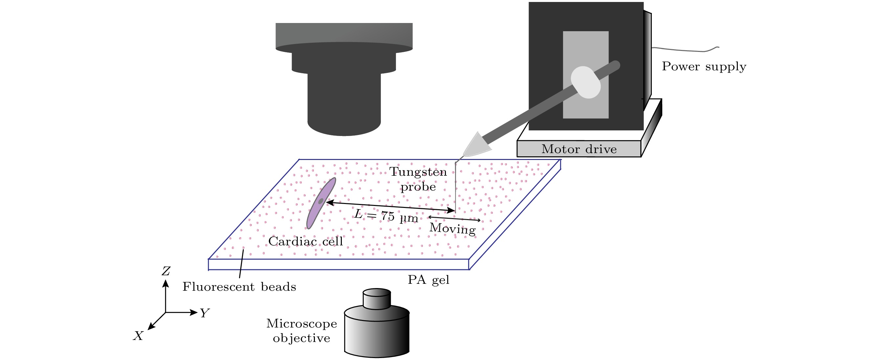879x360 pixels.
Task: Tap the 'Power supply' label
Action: point(704,66)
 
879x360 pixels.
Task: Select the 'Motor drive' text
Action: point(579,149)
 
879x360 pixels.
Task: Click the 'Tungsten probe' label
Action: point(418,179)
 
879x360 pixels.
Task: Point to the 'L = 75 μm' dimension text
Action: point(386,216)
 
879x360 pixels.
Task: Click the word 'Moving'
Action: point(452,228)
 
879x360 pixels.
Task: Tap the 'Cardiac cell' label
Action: point(305,241)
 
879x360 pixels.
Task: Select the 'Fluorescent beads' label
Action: point(239,287)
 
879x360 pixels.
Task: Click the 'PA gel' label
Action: point(429,280)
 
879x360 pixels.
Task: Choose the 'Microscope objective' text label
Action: point(301,331)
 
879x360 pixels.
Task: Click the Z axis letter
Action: point(166,271)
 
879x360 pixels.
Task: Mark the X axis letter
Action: point(138,336)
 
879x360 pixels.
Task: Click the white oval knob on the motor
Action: point(585,82)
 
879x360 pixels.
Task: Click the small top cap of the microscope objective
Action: point(377,299)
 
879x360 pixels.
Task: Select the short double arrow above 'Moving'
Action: point(454,219)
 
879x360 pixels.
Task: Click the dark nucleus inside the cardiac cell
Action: point(321,201)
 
